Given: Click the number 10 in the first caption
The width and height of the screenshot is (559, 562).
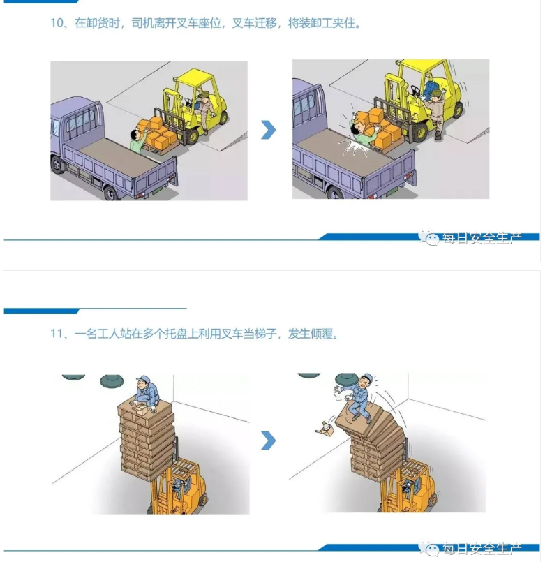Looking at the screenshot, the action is tap(57, 23).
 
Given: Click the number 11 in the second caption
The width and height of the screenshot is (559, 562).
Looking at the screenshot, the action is tap(57, 334).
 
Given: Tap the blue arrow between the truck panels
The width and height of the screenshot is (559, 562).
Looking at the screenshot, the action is tap(269, 130).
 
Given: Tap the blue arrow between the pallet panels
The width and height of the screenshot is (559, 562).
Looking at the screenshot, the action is tap(269, 441).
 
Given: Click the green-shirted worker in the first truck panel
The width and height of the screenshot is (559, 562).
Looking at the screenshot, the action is tap(137, 141).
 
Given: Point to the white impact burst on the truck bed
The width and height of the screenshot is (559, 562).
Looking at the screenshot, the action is tap(354, 147).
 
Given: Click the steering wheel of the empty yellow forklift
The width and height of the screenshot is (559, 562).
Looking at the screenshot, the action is tap(416, 90).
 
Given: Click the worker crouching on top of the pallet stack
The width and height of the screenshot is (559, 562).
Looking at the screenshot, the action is tap(145, 393).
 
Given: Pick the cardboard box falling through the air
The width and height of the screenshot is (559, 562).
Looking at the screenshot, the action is tap(325, 429).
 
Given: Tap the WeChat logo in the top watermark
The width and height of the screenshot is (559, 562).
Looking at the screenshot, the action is tap(429, 237).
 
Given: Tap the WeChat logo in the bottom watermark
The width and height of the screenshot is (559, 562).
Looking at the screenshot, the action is tap(429, 548).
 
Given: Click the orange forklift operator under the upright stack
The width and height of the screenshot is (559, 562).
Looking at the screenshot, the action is tap(178, 487).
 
